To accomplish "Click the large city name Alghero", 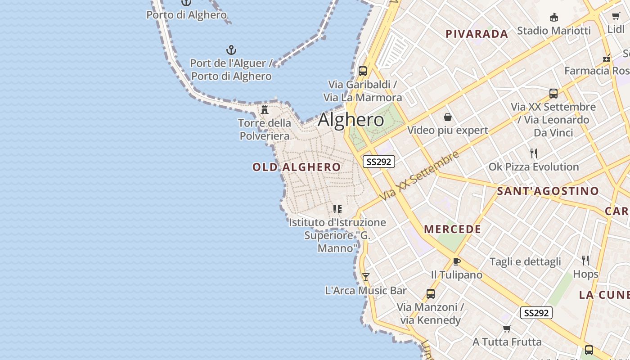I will point(351,120).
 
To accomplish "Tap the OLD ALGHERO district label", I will point(297,167).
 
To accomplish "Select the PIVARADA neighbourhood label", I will point(477,34).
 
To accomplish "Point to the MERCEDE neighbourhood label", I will point(452,229).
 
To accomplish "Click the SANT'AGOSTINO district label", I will point(548,191).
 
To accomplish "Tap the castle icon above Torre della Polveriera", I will point(265,109).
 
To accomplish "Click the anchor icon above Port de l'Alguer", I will point(231,50).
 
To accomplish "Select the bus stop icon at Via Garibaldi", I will point(362,71).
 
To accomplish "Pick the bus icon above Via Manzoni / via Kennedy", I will point(430,294).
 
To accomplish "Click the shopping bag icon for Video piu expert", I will point(448,117).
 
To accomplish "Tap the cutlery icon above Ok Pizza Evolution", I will point(534,153).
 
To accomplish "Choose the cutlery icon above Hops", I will point(585,261).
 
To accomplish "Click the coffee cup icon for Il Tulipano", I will point(457,262).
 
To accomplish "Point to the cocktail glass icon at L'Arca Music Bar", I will point(366,277).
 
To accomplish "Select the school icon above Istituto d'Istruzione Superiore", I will point(337,209).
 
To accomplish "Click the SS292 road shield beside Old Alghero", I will point(379,162).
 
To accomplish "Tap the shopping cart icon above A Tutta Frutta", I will point(507,329).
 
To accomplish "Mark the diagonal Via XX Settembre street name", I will point(419,175).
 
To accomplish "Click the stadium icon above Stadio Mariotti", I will point(554,18).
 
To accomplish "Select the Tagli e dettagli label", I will point(525,262).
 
